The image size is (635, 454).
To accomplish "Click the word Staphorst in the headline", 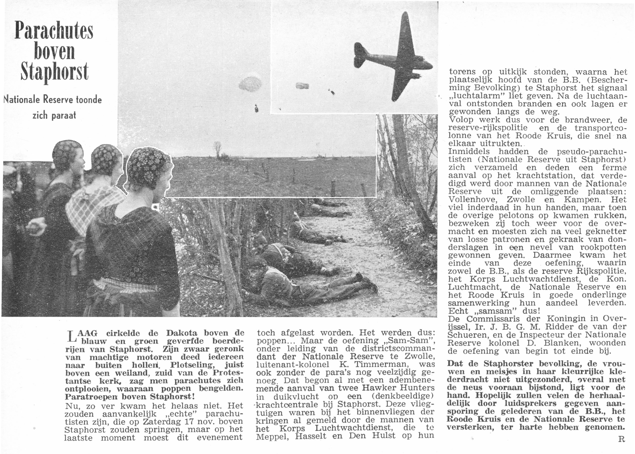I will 54,72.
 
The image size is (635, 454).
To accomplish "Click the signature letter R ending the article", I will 619,439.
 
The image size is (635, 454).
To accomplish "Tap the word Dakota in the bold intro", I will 182,333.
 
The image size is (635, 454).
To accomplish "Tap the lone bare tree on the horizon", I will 217,150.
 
